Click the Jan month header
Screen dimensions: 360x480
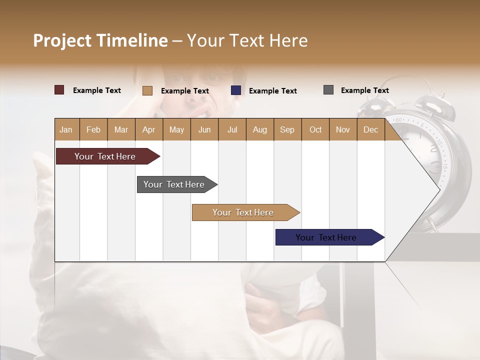[x=66, y=129]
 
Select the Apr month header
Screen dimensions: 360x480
[x=148, y=129]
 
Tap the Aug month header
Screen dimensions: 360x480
[x=259, y=129]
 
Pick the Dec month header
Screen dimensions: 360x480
[x=370, y=129]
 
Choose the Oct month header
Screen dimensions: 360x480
[x=315, y=129]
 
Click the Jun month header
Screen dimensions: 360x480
[x=204, y=129]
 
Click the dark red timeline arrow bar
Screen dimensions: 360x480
[x=105, y=156]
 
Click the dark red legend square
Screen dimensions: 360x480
[x=59, y=90]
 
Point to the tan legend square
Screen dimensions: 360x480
[x=147, y=90]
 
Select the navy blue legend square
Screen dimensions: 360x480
[x=236, y=90]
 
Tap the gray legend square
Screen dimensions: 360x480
[x=328, y=90]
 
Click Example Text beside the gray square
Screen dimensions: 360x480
[x=364, y=90]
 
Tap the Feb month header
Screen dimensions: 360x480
[x=93, y=129]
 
